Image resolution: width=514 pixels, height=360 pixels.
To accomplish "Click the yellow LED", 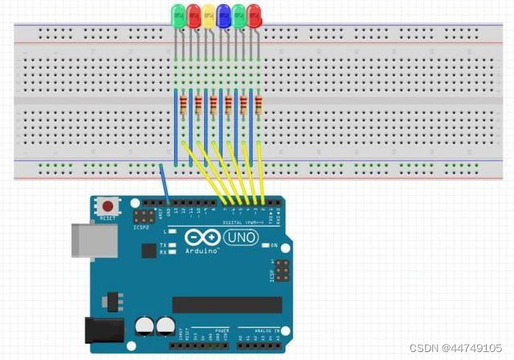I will coord(208,13).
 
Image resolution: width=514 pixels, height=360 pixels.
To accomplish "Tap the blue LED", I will coord(223,13).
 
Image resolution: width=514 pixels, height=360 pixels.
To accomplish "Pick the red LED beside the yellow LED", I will coord(193,13).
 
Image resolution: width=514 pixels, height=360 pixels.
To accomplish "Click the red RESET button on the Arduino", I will coord(106,206).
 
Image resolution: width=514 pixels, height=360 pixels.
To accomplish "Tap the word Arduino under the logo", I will coord(201,252).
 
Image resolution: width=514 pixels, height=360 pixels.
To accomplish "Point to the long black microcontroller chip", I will coord(227,305).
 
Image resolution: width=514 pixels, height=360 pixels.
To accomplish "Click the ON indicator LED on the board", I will coord(266,245).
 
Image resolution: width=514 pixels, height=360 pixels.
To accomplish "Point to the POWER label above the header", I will coord(221,330).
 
